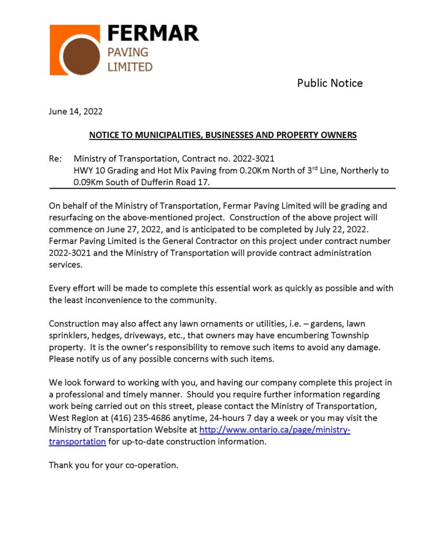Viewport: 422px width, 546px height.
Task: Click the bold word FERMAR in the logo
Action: [x=153, y=34]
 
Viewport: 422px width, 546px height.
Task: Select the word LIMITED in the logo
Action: [x=130, y=67]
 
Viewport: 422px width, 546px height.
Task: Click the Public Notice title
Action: [x=330, y=83]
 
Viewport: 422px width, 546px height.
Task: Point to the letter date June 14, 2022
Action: [x=76, y=112]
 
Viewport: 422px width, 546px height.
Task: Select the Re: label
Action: [x=55, y=159]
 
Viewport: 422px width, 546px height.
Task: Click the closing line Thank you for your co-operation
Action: [x=113, y=465]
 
